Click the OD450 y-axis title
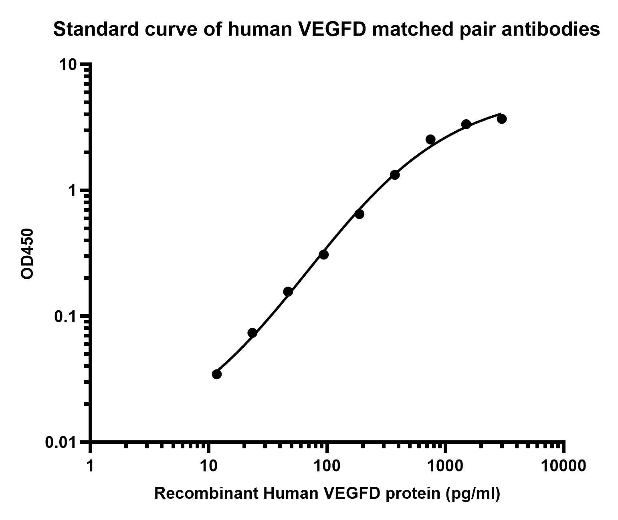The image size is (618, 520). [x=27, y=254]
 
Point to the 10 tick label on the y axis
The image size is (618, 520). [x=68, y=65]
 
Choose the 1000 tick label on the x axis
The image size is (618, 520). [x=445, y=466]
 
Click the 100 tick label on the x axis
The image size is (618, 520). [x=327, y=466]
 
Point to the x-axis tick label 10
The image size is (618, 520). [x=209, y=466]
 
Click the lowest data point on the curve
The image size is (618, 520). [x=217, y=374]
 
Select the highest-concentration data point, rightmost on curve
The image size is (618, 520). [x=502, y=119]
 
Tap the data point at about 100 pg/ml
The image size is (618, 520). [x=324, y=255]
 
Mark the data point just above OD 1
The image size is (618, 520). [x=395, y=175]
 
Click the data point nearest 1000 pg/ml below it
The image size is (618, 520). [x=430, y=139]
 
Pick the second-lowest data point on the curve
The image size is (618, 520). [x=252, y=333]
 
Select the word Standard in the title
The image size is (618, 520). [x=96, y=30]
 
